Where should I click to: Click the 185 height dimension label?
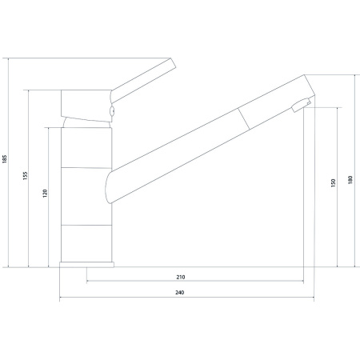5,158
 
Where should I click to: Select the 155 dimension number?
25,176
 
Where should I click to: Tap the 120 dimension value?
45,194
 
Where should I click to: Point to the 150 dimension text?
333,183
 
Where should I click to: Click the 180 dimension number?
350,179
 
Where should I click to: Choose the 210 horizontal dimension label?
181,277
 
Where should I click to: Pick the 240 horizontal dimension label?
180,293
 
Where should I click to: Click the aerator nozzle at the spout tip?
301,105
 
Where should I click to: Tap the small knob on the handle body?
112,110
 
